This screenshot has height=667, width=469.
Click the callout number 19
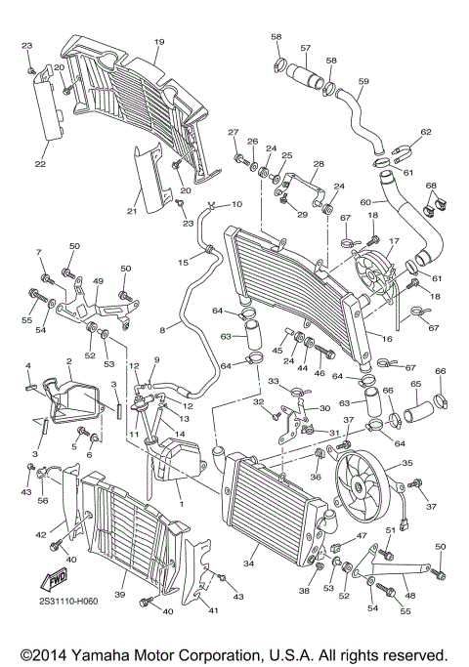tap(158, 42)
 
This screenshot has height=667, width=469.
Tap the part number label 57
tap(306, 48)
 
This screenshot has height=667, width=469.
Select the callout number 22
tap(40, 164)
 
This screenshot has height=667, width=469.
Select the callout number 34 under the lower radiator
tap(249, 563)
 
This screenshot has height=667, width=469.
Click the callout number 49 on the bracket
tap(97, 281)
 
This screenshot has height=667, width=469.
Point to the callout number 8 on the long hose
tap(149, 331)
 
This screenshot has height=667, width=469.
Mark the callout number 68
tap(431, 186)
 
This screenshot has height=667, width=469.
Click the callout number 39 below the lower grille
tap(119, 595)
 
